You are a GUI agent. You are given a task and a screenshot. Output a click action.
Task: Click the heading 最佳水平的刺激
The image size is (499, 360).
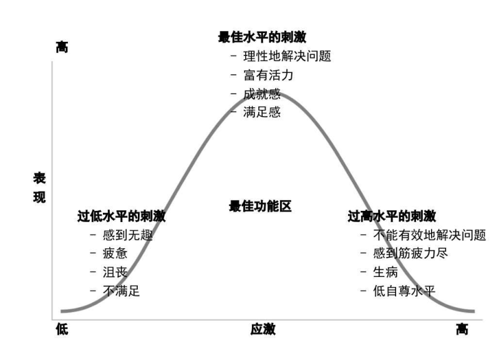point(262,37)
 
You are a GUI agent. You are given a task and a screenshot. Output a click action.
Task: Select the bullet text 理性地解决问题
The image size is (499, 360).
point(287,56)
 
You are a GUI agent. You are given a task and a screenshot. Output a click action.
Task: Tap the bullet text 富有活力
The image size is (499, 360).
point(268,75)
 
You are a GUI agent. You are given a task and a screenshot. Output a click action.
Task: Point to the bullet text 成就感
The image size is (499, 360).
point(262,94)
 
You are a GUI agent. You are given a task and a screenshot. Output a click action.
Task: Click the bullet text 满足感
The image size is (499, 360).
point(262,112)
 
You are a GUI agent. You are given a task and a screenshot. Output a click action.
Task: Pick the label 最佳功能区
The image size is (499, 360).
point(260,206)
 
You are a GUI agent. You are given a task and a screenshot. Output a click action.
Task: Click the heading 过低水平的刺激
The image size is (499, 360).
point(122,216)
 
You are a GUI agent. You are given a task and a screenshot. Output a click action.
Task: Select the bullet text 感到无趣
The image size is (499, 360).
point(128,235)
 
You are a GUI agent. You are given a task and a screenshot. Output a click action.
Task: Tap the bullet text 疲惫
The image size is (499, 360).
point(115,253)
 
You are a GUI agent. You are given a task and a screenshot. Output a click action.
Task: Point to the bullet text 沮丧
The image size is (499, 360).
point(115,272)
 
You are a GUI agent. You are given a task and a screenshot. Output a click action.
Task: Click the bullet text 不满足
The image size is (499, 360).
point(121,291)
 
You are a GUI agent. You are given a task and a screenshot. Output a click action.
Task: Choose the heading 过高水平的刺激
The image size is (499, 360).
point(392,216)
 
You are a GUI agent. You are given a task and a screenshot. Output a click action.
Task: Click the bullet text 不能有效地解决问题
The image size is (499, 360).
point(430,235)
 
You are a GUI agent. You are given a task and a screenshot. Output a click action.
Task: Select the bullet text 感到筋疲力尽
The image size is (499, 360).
point(410,253)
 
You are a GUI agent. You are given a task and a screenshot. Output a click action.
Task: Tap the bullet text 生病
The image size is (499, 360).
point(385,272)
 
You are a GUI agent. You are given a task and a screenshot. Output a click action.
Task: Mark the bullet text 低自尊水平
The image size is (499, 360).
point(404,291)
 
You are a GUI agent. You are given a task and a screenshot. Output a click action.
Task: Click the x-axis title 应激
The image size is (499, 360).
point(263,329)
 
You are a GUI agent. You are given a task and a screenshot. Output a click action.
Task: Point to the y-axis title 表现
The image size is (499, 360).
point(39,187)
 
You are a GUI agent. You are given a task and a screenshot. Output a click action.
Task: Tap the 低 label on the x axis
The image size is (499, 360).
point(62,329)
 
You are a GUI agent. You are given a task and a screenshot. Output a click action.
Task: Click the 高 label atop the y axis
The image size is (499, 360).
point(62,47)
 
